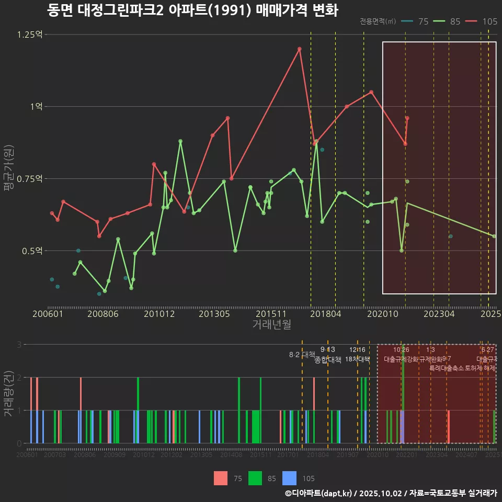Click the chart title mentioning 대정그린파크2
(192, 10)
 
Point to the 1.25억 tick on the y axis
(30, 35)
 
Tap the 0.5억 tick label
(32, 251)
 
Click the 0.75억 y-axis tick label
(30, 179)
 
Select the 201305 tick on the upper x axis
(214, 314)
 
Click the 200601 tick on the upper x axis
(48, 314)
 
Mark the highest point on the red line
(300, 49)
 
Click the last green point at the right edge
(494, 236)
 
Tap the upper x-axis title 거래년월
(271, 325)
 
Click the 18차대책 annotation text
(357, 359)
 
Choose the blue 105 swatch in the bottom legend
(289, 478)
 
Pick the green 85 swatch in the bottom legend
(255, 478)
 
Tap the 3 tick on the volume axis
(19, 345)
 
